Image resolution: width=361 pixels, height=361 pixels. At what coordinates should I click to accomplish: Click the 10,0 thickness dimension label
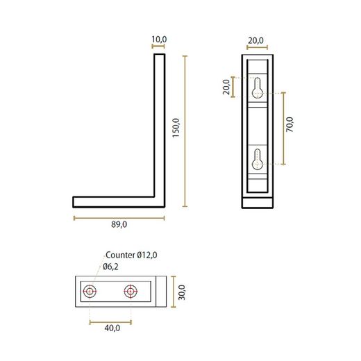coord(159,40)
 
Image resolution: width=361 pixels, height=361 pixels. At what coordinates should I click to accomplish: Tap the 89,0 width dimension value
coord(119,225)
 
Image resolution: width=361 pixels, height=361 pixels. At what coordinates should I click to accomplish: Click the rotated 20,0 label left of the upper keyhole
coord(226,88)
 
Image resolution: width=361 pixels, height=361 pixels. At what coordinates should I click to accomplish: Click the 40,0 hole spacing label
coord(112,328)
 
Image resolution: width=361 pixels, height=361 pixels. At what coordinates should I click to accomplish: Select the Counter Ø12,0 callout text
coord(131,255)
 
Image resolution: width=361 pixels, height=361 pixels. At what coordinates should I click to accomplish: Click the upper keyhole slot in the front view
coord(258,87)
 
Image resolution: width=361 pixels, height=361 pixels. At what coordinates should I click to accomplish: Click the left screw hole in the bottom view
coord(90,291)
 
